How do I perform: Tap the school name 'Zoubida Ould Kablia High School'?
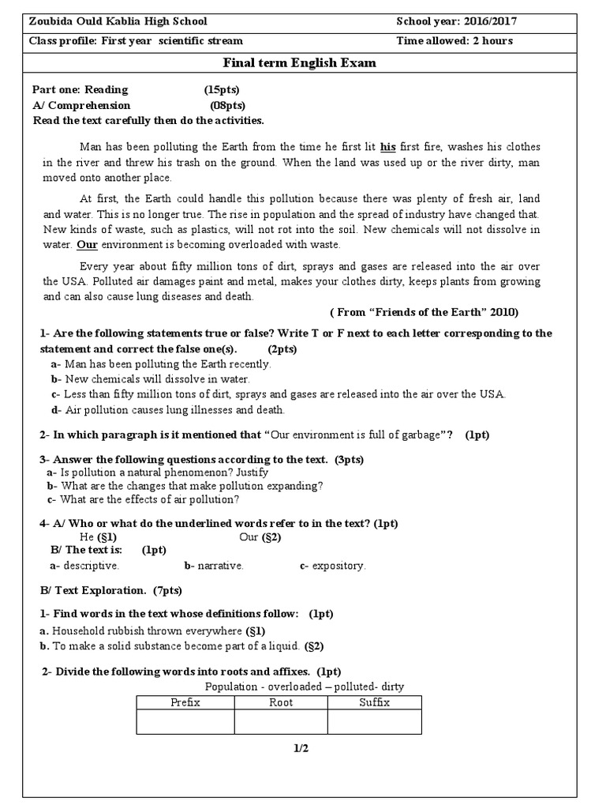point(118,21)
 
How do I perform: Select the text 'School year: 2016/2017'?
point(457,21)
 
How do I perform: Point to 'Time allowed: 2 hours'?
point(454,40)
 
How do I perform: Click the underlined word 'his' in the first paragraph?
point(387,147)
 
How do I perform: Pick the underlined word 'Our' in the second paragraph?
point(87,245)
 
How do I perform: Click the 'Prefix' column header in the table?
point(185,702)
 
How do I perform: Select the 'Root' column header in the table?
point(281,702)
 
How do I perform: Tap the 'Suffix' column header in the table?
point(374,702)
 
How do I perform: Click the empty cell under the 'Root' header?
point(281,721)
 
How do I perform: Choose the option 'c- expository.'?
point(332,566)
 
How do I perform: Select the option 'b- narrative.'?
point(214,566)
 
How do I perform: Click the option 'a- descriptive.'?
point(84,566)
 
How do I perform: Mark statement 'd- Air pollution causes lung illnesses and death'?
point(168,409)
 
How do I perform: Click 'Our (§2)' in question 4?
point(260,537)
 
